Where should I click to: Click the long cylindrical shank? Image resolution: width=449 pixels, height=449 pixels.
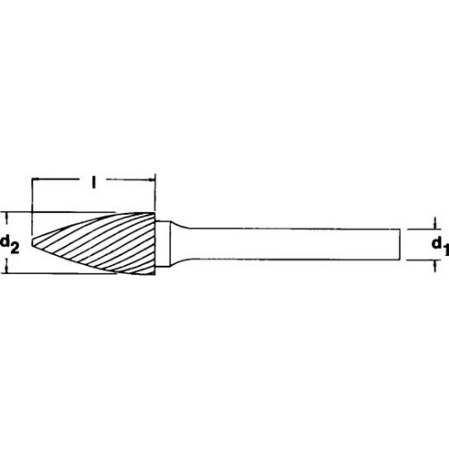coord(296,243)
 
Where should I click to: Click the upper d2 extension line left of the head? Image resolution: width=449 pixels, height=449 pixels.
coord(54,212)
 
